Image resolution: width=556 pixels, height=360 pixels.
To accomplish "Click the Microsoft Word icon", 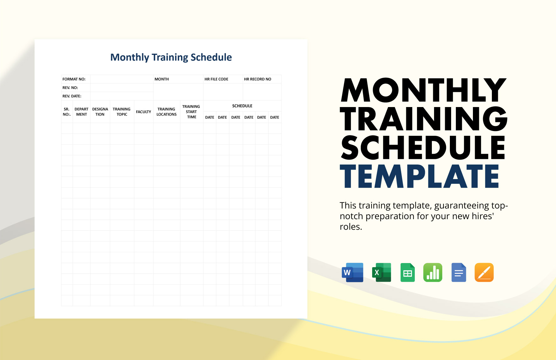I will click(x=353, y=272).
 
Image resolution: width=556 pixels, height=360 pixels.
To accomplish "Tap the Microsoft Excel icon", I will click(x=382, y=272).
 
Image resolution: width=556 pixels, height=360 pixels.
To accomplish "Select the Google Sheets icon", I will click(x=408, y=272).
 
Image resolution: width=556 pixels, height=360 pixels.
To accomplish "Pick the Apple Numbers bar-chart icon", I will click(x=433, y=272).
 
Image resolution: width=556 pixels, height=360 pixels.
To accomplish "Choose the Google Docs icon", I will click(x=459, y=272).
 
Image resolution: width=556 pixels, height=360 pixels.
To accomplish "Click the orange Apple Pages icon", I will click(x=484, y=272).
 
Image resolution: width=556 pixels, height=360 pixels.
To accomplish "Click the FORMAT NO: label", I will click(x=74, y=79).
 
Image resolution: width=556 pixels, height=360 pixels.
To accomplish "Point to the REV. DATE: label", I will click(x=72, y=96).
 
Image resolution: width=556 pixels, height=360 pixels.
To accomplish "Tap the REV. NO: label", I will click(x=70, y=88).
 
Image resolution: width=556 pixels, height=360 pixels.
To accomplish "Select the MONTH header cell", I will click(x=162, y=79).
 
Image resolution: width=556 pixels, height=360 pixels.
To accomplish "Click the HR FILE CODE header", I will click(x=216, y=79).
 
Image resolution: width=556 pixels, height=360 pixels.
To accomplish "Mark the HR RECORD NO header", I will click(x=257, y=79).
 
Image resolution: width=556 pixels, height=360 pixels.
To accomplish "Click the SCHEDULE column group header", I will click(x=242, y=106).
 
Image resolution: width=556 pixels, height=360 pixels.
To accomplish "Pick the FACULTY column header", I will click(x=143, y=112).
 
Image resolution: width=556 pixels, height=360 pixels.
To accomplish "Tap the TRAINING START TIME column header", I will click(x=191, y=112).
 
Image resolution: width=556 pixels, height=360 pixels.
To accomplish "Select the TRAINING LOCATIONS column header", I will click(x=166, y=112).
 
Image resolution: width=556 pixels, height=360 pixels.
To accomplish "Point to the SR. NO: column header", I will click(x=67, y=112).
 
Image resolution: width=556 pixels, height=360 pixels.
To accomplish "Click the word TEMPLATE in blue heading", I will click(x=420, y=177).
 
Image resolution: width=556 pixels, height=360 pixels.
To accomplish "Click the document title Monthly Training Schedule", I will click(x=171, y=57).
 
